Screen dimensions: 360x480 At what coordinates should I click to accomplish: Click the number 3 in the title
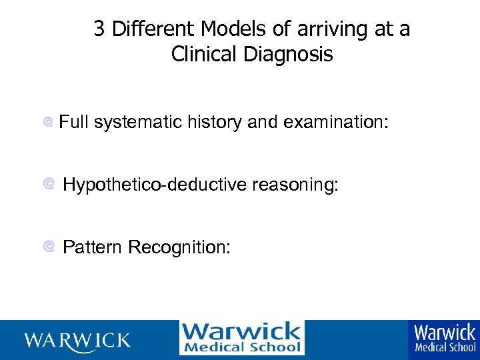coord(99,29)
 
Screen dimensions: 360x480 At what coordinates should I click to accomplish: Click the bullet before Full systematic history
coord(48,123)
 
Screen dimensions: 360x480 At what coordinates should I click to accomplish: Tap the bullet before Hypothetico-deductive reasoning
coord(48,184)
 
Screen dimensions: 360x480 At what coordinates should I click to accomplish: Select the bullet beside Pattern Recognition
coord(48,247)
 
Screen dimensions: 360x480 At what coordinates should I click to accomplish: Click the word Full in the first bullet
coord(74,122)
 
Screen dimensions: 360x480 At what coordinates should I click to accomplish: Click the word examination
coord(335,122)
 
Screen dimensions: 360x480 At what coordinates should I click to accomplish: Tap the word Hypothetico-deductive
coord(155,185)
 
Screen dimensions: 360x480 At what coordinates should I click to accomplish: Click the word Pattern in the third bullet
coord(92,247)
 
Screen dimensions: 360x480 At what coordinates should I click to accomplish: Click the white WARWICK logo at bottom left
coord(77,341)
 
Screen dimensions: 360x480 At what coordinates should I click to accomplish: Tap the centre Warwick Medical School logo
coord(241,338)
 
